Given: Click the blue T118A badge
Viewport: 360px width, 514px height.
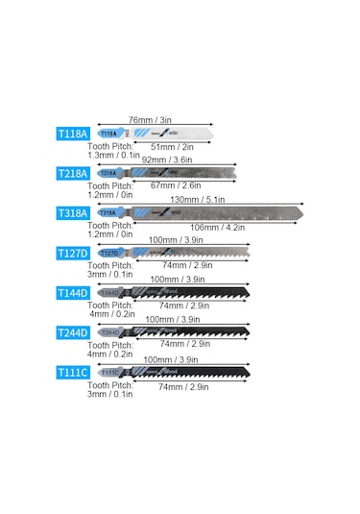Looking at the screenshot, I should pos(74,134).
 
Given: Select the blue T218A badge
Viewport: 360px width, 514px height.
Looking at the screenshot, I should pos(74,173).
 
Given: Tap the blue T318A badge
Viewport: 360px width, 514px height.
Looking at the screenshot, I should pos(74,212).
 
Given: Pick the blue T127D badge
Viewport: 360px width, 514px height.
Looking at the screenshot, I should pos(74,253).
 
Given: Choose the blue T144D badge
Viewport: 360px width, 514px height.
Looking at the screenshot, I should pos(74,292).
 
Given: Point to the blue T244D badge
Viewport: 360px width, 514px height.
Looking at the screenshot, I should pos(74,332).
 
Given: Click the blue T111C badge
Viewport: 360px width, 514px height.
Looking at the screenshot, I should pos(74,372).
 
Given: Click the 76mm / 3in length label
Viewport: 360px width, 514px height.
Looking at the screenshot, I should pos(150,120).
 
